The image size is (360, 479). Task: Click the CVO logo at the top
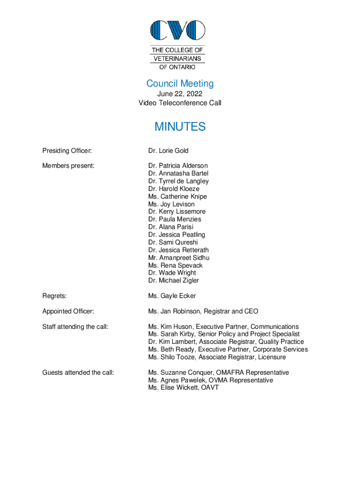(178, 30)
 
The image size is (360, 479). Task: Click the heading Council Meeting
(180, 84)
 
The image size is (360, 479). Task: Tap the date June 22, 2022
(180, 94)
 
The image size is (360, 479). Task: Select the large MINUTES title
(180, 127)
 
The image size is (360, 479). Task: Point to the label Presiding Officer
(67, 151)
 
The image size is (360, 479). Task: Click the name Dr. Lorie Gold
(168, 151)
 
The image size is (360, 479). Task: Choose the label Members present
(68, 166)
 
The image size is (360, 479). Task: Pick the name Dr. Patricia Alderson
(178, 166)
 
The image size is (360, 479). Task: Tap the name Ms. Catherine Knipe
(178, 196)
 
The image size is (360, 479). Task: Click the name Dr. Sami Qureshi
(173, 242)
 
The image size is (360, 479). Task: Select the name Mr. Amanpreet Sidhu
(179, 258)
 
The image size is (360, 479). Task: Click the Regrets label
(54, 296)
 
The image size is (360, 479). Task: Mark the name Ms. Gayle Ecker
(172, 296)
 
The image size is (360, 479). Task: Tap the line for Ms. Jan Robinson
(203, 312)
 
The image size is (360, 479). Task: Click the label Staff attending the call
(75, 327)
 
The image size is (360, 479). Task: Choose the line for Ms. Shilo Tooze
(217, 357)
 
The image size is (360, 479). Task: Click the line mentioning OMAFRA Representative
(218, 373)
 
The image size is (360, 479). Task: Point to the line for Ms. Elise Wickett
(183, 388)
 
